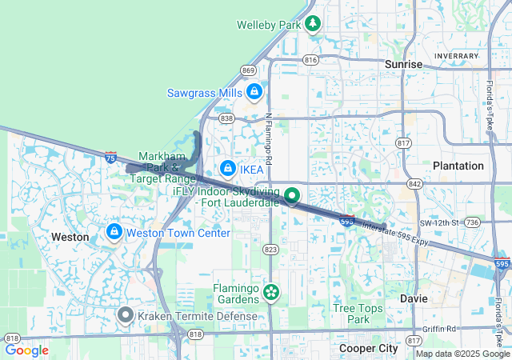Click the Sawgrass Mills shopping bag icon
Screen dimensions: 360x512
254,92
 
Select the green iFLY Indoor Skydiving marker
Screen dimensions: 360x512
292,195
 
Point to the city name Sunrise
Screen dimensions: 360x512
403,64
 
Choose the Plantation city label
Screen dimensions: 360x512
458,166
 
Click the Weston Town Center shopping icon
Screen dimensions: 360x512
114,232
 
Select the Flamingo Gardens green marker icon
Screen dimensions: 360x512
271,294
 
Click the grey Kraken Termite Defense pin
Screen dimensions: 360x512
125,315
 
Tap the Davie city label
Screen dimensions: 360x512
414,298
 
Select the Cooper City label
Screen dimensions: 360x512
368,349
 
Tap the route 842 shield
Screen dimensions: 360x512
414,183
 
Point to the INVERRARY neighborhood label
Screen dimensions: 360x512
456,55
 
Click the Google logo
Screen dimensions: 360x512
26,350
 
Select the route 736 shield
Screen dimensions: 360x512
472,222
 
